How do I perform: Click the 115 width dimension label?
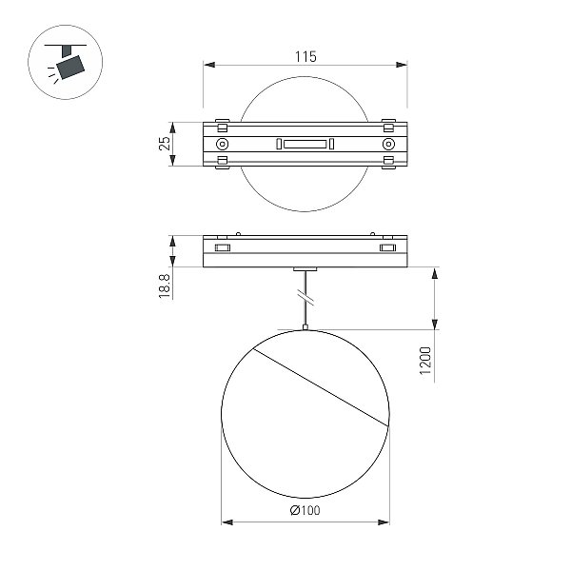(305, 57)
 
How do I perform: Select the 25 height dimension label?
(165, 144)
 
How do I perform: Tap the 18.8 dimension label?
(165, 286)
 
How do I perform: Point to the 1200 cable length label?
(425, 361)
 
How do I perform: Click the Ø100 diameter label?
(305, 510)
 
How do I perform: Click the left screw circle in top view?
(222, 144)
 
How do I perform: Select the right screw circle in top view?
(388, 144)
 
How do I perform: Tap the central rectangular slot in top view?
(305, 144)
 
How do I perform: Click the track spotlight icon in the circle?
(66, 62)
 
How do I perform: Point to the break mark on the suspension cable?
(305, 297)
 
